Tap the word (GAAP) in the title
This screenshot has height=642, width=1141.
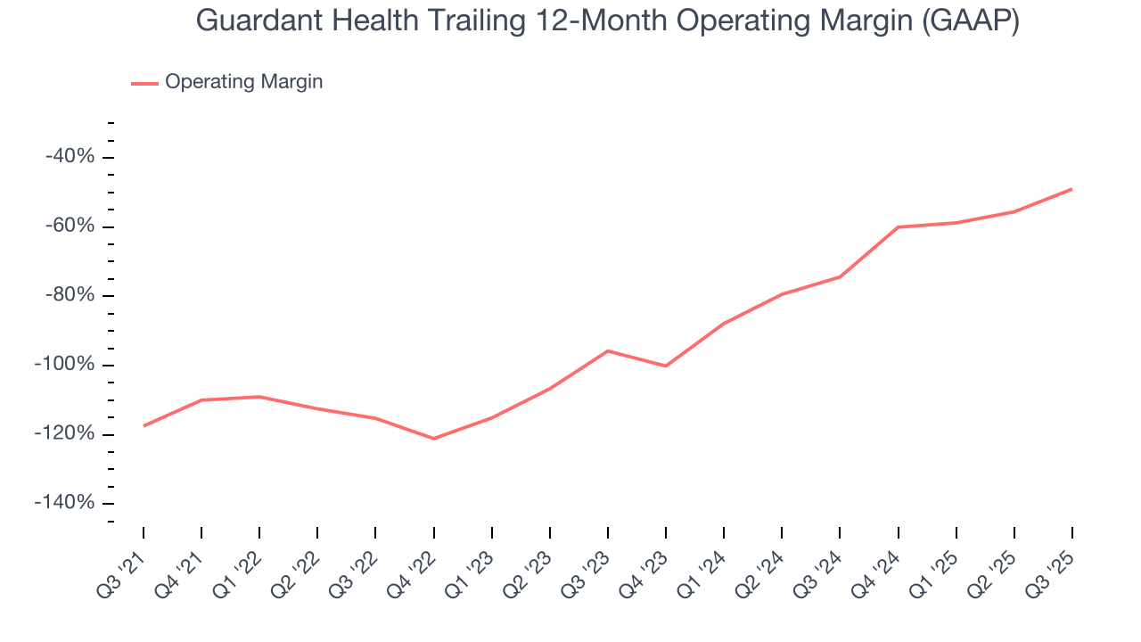tap(973, 20)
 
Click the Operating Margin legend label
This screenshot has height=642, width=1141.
tap(243, 82)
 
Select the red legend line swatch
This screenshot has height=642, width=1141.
tap(144, 83)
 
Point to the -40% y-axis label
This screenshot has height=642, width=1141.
tap(70, 157)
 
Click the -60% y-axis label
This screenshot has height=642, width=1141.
tap(70, 226)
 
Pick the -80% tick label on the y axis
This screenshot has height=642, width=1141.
tap(70, 296)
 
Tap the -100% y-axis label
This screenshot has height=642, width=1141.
tap(64, 365)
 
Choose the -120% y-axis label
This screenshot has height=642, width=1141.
tap(64, 434)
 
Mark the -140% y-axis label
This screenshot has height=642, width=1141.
tap(64, 503)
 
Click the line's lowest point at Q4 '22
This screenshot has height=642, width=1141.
tap(433, 439)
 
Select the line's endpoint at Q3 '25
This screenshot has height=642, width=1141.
tap(1071, 189)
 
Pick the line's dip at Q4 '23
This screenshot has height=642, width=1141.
tap(666, 366)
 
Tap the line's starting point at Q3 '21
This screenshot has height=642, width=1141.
tap(144, 426)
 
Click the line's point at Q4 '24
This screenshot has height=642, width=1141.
tap(898, 227)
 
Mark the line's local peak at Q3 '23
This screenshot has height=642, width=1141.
tap(608, 350)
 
